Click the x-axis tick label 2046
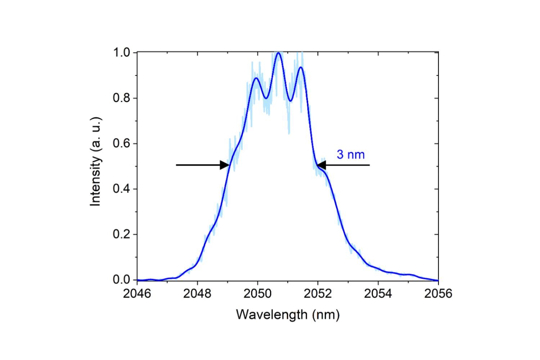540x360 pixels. click(x=137, y=294)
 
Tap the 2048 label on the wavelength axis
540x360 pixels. click(x=197, y=294)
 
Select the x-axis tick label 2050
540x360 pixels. click(x=257, y=294)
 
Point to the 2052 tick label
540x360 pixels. click(x=318, y=294)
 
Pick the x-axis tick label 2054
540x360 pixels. click(x=378, y=294)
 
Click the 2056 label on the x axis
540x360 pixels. click(x=438, y=294)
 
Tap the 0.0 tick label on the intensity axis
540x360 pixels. click(x=121, y=280)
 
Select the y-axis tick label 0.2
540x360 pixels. click(x=121, y=234)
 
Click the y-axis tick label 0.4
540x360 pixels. click(x=121, y=189)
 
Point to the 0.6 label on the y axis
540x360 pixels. click(x=121, y=143)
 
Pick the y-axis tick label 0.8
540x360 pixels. click(x=121, y=98)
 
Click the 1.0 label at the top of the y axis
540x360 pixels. click(x=121, y=53)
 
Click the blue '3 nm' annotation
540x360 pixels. click(x=351, y=155)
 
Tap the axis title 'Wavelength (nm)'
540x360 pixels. click(x=288, y=315)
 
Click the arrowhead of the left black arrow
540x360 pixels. click(x=225, y=165)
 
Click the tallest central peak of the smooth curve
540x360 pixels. click(x=278, y=53)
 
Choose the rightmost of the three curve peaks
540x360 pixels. click(x=301, y=67)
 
